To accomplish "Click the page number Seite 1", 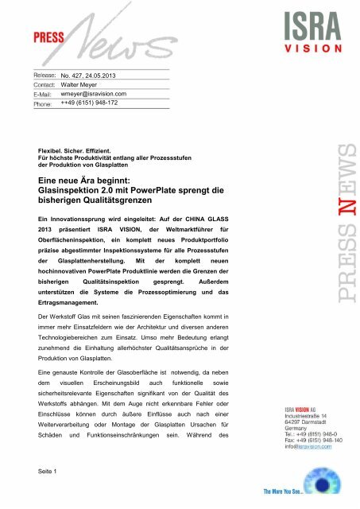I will [x=51, y=475].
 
